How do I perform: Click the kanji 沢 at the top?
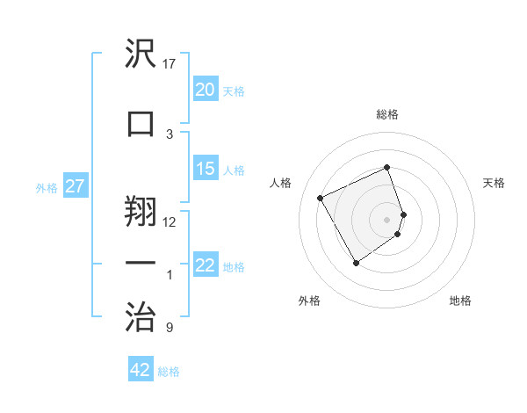tap(141, 55)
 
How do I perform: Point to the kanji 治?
tap(141, 315)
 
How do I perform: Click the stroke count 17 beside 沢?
tap(170, 64)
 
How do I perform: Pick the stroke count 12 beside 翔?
tap(170, 221)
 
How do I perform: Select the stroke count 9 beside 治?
tap(170, 329)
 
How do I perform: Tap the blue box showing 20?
tap(206, 90)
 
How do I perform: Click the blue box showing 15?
tap(206, 170)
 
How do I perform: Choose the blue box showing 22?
tap(206, 266)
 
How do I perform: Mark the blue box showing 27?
tap(76, 187)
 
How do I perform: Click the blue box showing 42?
tap(141, 370)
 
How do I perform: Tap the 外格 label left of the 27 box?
tap(47, 188)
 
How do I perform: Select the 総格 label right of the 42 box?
tap(169, 372)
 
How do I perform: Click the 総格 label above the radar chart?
tap(387, 114)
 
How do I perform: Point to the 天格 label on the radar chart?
tap(494, 183)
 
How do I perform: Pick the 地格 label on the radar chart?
tap(460, 301)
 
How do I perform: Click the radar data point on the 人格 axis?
tap(321, 198)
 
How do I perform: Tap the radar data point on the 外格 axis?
tap(356, 263)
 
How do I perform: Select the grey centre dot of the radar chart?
tap(387, 219)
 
